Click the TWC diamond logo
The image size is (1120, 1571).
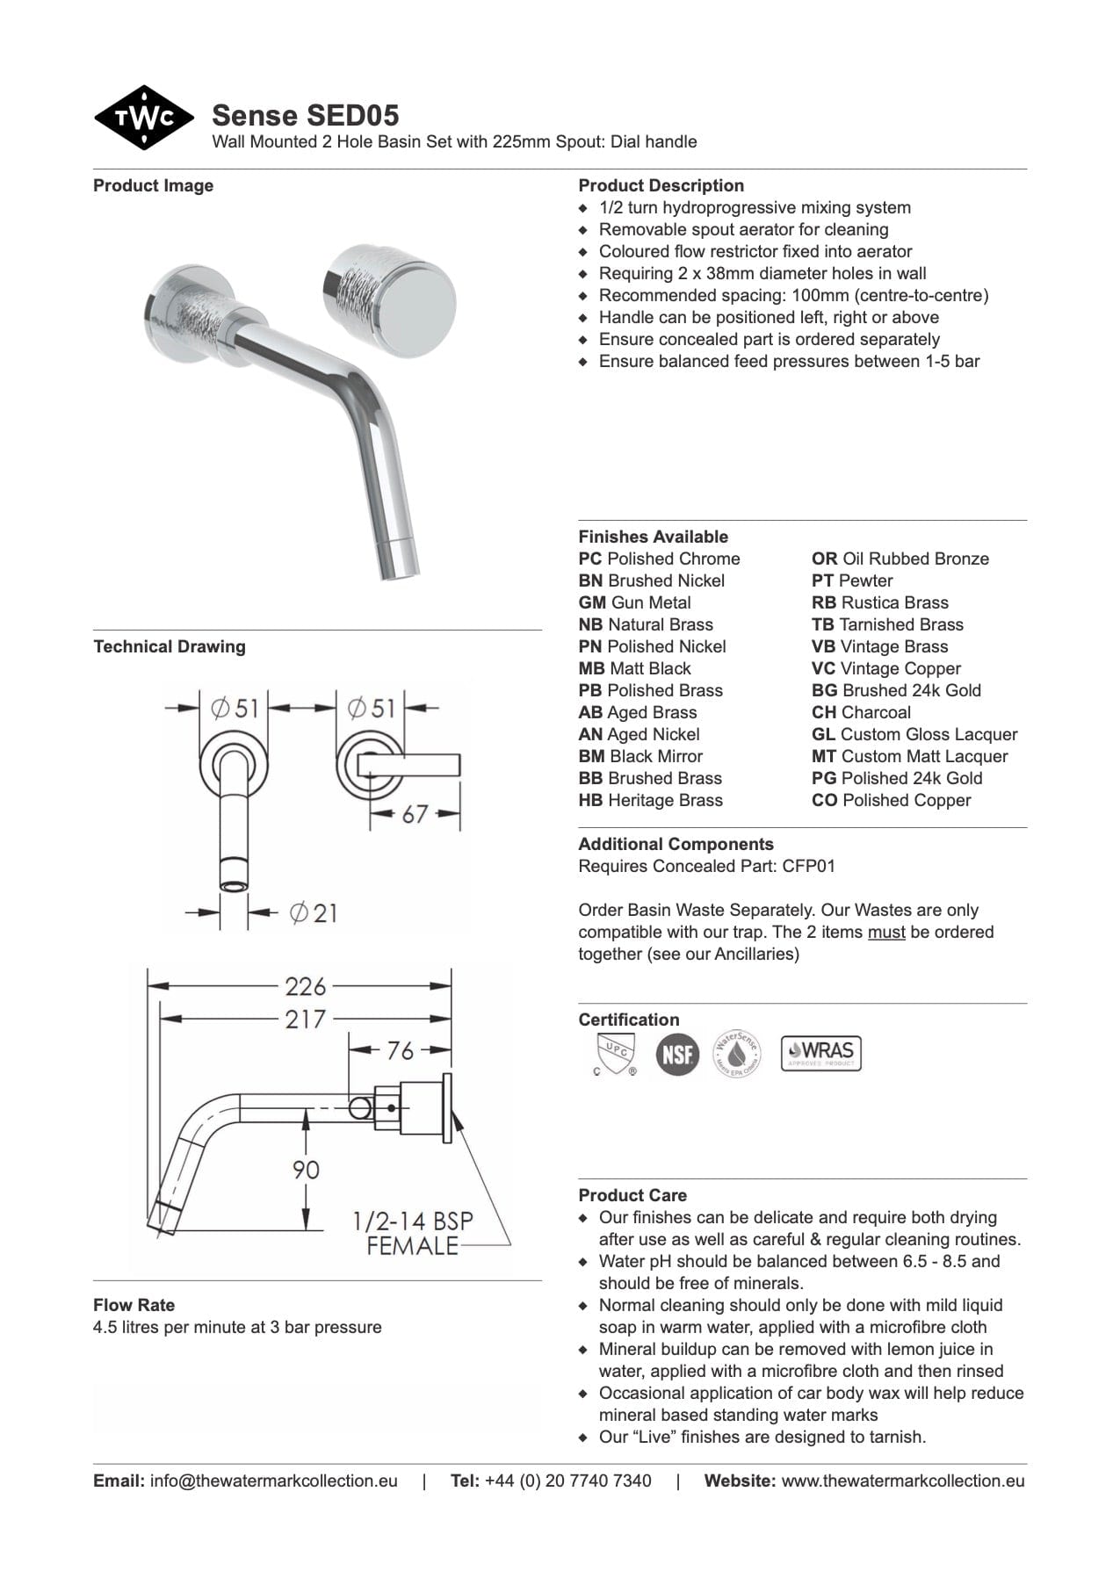point(143,118)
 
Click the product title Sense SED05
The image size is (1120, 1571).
point(306,115)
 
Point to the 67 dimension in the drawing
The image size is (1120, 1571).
point(414,814)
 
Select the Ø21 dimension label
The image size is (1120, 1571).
point(313,913)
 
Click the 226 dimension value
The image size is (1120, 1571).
point(305,986)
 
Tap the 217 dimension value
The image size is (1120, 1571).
point(305,1020)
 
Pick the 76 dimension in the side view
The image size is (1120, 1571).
point(400,1050)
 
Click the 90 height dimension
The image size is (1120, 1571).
point(306,1170)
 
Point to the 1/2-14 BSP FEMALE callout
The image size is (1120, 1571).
point(412,1233)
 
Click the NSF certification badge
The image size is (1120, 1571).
point(677,1054)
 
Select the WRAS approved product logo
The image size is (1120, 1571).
point(821,1053)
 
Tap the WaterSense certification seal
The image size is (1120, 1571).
point(736,1053)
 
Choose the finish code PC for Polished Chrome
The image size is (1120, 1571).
point(590,558)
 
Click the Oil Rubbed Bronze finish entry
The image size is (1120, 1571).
point(900,558)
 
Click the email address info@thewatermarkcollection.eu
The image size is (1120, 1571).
point(274,1481)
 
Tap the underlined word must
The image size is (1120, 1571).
point(886,932)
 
